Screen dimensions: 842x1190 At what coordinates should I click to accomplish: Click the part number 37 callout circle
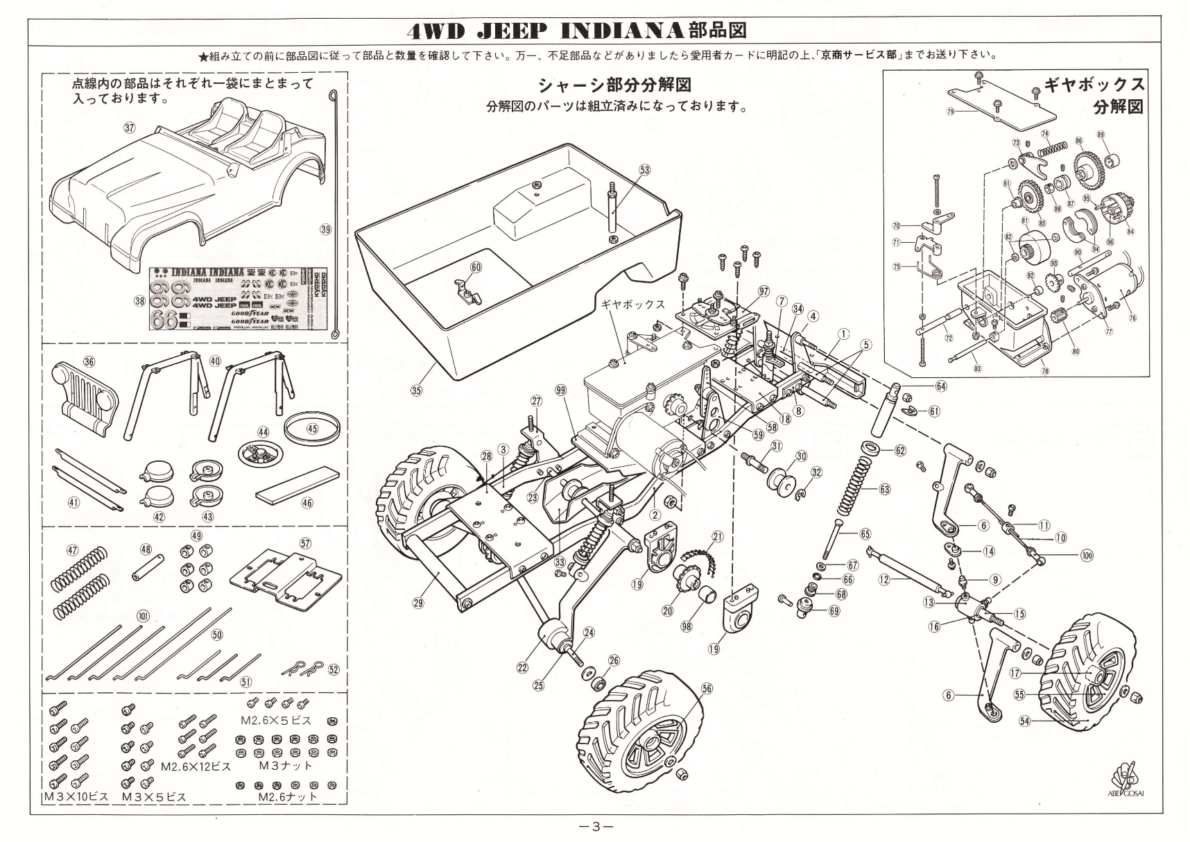click(129, 127)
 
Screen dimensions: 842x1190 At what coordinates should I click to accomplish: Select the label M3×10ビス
click(76, 796)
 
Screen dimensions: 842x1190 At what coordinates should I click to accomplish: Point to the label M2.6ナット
click(287, 796)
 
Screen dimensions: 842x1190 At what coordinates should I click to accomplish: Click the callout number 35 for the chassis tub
click(416, 390)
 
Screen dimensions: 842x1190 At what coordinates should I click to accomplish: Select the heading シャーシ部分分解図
click(614, 85)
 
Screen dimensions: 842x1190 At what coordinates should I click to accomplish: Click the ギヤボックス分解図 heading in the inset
click(1098, 96)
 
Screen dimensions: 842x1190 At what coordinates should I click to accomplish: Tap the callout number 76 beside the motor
click(1132, 319)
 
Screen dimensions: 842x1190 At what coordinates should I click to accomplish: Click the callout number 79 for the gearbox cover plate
click(950, 111)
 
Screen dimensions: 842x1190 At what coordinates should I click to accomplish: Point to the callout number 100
click(1087, 556)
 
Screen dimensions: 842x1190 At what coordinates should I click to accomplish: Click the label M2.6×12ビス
click(196, 767)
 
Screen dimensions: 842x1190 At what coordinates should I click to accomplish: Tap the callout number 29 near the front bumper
click(418, 603)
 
